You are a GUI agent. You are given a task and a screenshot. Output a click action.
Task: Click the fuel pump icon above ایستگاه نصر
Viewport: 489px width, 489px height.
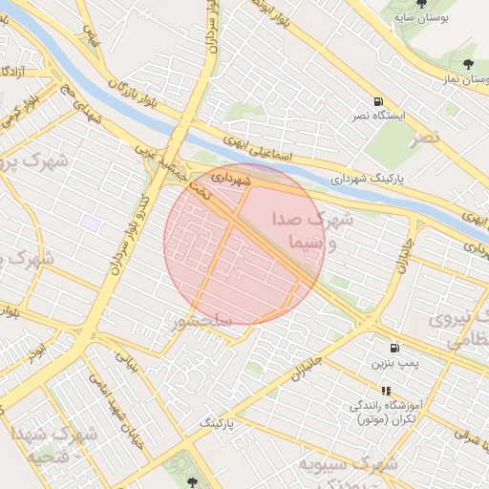pyautogui.click(x=380, y=102)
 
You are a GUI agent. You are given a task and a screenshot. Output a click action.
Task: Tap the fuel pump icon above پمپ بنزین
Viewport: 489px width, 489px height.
pyautogui.click(x=393, y=350)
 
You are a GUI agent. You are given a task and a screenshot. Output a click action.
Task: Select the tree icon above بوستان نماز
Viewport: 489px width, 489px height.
pyautogui.click(x=467, y=65)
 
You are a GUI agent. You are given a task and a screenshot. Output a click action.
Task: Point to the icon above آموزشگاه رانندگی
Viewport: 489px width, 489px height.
pyautogui.click(x=386, y=391)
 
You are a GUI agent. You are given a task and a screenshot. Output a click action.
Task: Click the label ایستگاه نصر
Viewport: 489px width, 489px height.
pyautogui.click(x=403, y=116)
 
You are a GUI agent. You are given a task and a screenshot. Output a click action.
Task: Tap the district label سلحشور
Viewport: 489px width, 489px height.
pyautogui.click(x=201, y=322)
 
